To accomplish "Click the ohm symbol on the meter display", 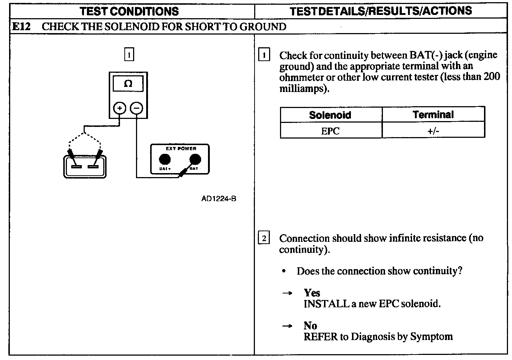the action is coord(128,84).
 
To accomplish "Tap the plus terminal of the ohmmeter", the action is coord(120,108).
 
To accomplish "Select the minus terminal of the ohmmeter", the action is coord(136,108).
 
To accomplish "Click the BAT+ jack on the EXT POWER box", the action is coord(165,159).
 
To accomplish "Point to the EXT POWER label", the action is coord(181,149).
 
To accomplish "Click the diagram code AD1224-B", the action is coord(219,199).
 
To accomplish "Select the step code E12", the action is coord(20,27).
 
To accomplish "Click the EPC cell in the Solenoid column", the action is coord(330,131).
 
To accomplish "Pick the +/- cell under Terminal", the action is coord(433,131).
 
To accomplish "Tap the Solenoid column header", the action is coord(330,115).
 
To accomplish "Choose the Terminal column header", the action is coord(433,115).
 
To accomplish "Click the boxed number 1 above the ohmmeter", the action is coord(129,55).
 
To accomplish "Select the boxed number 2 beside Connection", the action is coord(264,239).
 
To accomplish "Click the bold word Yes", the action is coord(312,293).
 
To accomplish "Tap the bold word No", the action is coord(310,325).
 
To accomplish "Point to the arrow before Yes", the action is coord(287,293).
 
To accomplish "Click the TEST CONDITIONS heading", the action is coord(129,11).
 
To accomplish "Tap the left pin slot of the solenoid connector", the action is coord(76,167).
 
